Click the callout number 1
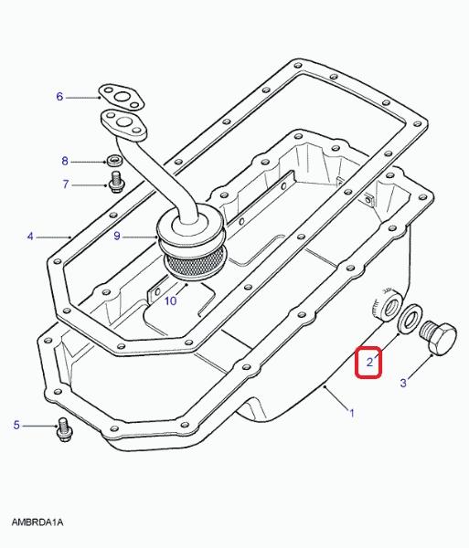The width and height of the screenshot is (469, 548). coord(352,413)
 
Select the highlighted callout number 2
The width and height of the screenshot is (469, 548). coord(369,363)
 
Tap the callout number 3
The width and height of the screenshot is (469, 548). coord(403,383)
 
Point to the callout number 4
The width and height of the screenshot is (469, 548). coord(30,237)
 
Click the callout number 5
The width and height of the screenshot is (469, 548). coord(16,426)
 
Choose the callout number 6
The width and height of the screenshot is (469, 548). coord(59,97)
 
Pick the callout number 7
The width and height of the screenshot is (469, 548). coord(66,184)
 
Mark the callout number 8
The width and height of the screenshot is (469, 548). coord(65,161)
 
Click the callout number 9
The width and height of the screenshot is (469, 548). coord(117,236)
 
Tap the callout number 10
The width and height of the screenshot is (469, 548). coord(171,300)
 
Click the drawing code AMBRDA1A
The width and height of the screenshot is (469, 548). coord(37,522)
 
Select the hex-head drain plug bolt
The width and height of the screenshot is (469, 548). coord(438,339)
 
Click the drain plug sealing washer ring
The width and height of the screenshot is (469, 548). coord(410,319)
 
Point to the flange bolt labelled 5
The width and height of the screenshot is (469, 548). coord(64,429)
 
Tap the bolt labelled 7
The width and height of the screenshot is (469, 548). coord(114,182)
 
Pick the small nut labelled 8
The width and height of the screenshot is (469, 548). coord(114,162)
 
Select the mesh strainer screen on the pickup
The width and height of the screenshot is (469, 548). coord(195,265)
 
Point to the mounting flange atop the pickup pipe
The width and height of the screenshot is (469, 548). coord(124,125)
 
